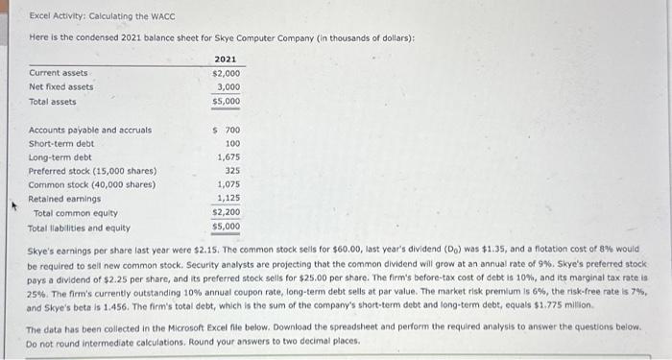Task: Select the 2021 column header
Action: [227, 59]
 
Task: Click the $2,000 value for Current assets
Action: [227, 73]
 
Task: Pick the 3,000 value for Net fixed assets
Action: [228, 86]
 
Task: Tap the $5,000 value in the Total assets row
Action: [227, 101]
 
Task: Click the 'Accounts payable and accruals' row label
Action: [90, 130]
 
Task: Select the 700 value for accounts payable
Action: [231, 130]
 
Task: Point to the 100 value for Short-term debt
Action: [232, 143]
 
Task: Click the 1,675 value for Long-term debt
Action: [228, 156]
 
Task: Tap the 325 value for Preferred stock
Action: [232, 171]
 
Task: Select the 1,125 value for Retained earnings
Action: [228, 199]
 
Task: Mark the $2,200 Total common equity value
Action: [227, 212]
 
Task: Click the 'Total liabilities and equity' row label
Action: [80, 228]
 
